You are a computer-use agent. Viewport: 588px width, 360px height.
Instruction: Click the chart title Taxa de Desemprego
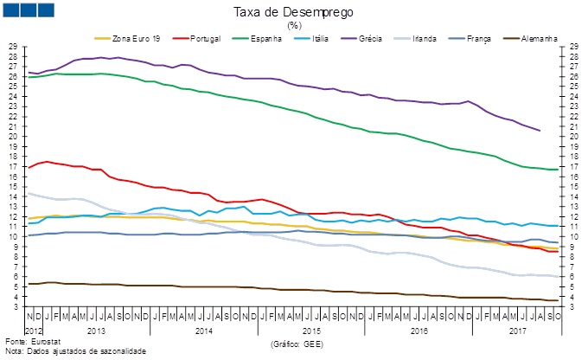(x=293, y=13)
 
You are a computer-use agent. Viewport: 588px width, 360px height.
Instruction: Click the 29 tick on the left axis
(x=13, y=47)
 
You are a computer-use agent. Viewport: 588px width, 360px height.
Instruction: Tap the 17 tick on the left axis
(x=13, y=167)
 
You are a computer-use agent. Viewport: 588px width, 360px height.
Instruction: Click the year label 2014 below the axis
(x=203, y=331)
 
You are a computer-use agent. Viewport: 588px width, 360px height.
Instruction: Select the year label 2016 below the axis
(x=419, y=331)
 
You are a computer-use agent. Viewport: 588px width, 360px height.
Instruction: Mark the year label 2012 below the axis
(x=32, y=331)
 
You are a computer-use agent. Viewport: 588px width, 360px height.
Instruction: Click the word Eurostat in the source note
(x=40, y=344)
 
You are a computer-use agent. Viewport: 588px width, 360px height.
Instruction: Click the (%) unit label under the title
(x=293, y=26)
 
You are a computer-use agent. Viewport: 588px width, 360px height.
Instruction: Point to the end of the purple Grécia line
(x=540, y=131)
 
